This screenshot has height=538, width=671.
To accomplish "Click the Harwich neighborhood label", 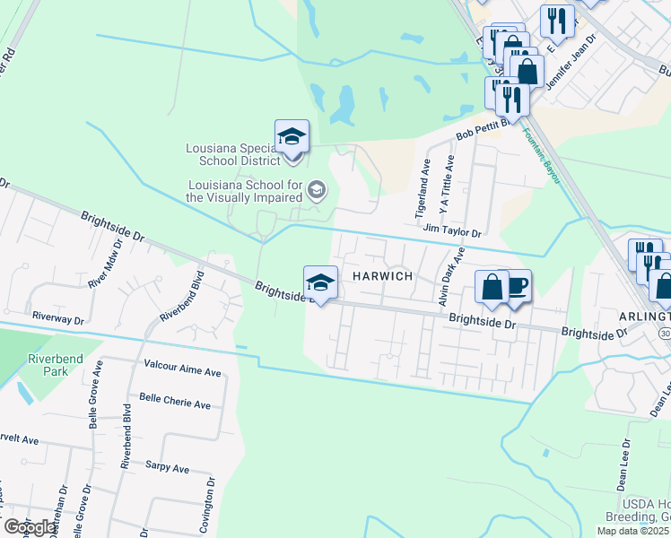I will pyautogui.click(x=382, y=276).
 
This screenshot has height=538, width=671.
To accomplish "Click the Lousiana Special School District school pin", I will pyautogui.click(x=292, y=138).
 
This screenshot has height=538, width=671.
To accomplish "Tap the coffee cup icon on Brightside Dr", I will pyautogui.click(x=515, y=287).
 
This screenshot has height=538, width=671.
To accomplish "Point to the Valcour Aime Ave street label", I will pyautogui.click(x=182, y=370).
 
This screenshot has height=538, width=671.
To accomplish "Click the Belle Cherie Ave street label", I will pyautogui.click(x=175, y=403).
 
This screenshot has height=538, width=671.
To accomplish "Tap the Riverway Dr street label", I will pyautogui.click(x=57, y=318).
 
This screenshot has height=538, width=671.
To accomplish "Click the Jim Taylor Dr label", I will pyautogui.click(x=453, y=230).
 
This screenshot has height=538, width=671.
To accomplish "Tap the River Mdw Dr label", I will pyautogui.click(x=104, y=259).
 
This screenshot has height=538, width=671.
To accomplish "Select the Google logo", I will pyautogui.click(x=30, y=527).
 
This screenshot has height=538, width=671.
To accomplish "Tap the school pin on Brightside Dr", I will pyautogui.click(x=320, y=284).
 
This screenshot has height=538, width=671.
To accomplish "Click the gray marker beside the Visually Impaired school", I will pyautogui.click(x=316, y=189).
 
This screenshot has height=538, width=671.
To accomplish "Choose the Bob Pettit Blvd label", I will pyautogui.click(x=482, y=128).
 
